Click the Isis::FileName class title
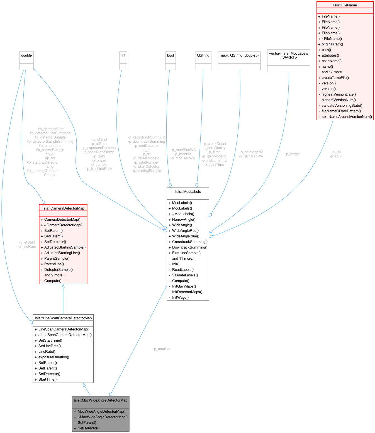(x=345, y=5)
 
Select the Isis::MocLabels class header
(x=188, y=191)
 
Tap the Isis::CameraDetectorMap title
(x=63, y=208)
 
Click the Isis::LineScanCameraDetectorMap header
(x=63, y=318)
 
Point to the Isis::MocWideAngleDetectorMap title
(x=101, y=400)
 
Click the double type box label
(x=26, y=55)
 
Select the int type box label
(x=123, y=55)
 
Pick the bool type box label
(x=170, y=55)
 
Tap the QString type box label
(x=203, y=55)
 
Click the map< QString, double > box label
(x=239, y=55)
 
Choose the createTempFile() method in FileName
(x=335, y=77)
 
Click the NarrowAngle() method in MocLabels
(x=184, y=219)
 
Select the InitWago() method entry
(x=180, y=297)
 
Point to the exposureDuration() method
(x=54, y=357)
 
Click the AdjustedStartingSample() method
(x=65, y=247)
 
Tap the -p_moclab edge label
(x=161, y=349)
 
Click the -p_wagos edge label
(x=293, y=154)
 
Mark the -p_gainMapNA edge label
(x=252, y=152)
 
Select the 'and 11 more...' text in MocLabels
(x=184, y=258)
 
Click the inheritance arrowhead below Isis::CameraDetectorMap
(x=63, y=286)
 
